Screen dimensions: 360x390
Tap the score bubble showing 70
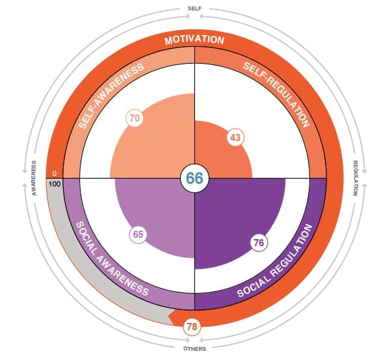coord(136,118)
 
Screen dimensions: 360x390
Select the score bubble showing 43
coord(235,138)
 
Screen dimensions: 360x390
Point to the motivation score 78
coord(192,326)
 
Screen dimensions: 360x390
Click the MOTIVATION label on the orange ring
coord(194,40)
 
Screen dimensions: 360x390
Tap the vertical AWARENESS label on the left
coord(32,177)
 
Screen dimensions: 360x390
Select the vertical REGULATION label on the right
coord(356,177)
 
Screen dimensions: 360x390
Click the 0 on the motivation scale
coord(55,174)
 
